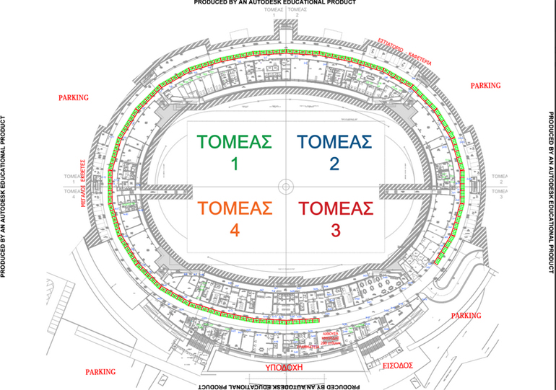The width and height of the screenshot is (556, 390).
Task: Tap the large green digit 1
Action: (x=234, y=164)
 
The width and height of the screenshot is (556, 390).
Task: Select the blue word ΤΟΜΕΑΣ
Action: (x=334, y=141)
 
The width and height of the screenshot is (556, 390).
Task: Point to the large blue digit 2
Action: (x=334, y=164)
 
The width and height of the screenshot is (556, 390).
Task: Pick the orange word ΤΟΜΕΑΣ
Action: (x=235, y=208)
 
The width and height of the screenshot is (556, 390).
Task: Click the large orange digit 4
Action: (x=234, y=232)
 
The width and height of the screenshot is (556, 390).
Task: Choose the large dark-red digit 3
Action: (x=334, y=232)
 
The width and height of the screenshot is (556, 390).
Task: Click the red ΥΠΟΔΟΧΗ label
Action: (x=279, y=366)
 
